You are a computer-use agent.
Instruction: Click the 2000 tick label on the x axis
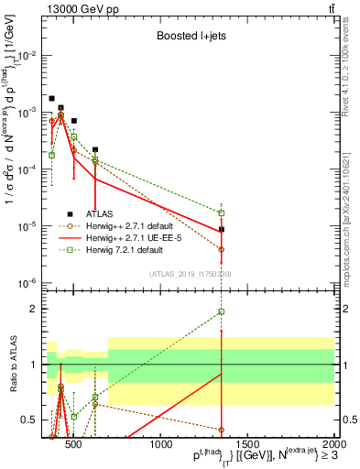coord(333,445)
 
